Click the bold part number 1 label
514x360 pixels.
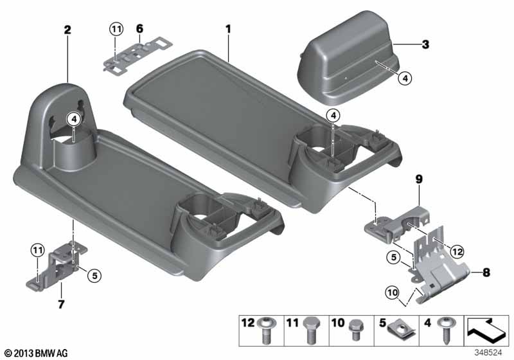[x=228, y=29]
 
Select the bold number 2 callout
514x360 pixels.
[x=67, y=30]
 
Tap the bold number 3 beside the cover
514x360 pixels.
[x=425, y=44]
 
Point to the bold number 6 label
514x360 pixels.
[x=139, y=29]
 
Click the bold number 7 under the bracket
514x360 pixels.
[x=61, y=304]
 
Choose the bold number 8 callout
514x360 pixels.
[x=486, y=272]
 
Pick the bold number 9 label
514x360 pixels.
[x=419, y=179]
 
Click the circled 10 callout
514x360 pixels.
[x=393, y=292]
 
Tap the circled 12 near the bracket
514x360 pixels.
[x=457, y=252]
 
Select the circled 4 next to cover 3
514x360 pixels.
[x=405, y=78]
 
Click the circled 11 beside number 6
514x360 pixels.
[x=116, y=30]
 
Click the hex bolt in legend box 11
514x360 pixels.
[x=310, y=330]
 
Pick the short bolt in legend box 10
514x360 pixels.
[x=355, y=329]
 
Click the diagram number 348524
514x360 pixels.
[x=488, y=352]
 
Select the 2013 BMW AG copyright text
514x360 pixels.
[x=37, y=353]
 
